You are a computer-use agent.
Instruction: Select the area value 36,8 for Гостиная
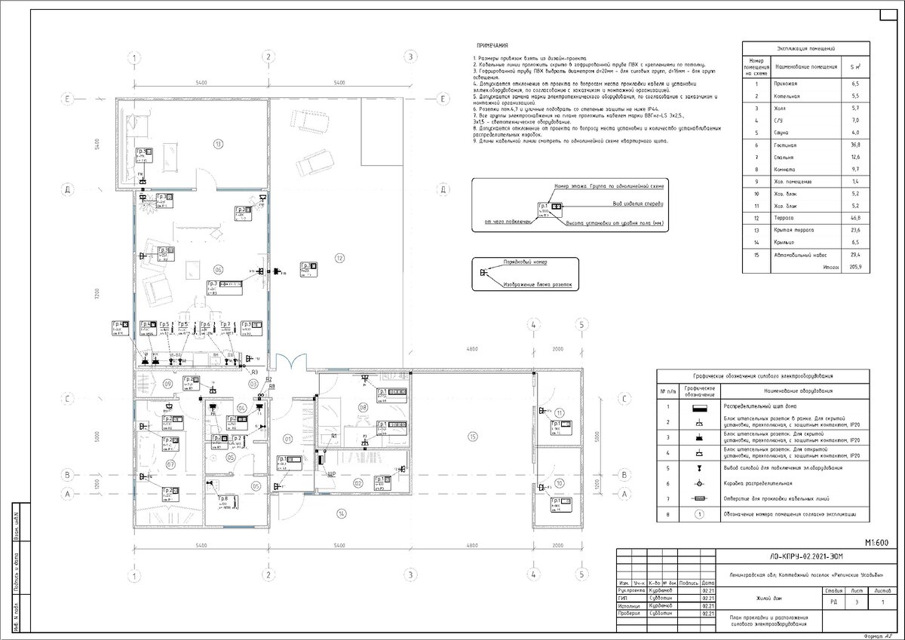pyautogui.click(x=855, y=144)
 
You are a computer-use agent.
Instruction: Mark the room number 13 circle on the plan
pyautogui.click(x=218, y=142)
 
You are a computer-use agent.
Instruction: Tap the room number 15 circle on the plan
pyautogui.click(x=473, y=436)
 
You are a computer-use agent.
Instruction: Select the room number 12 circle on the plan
pyautogui.click(x=340, y=259)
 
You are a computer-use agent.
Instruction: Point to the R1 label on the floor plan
pyautogui.click(x=333, y=436)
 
